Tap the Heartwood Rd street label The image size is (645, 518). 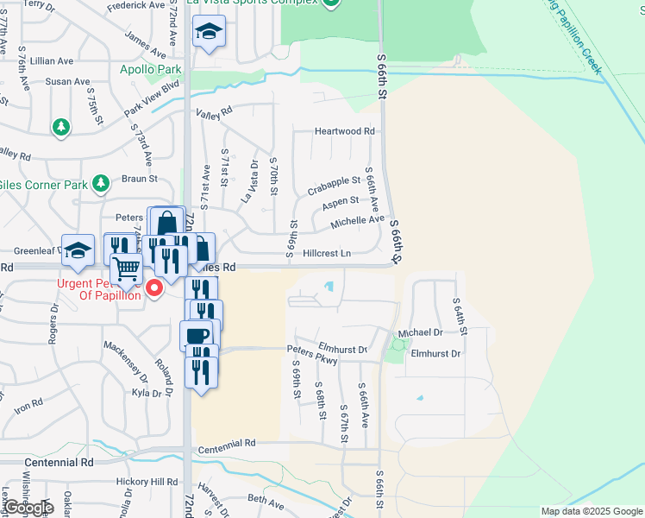point(345,131)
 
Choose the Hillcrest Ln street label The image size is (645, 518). point(327,254)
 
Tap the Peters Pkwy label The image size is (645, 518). point(311,350)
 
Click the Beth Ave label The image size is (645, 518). point(266,500)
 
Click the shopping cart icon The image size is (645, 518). point(126,268)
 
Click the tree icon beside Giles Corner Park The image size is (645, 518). point(101,183)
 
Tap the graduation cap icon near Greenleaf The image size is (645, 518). point(78,250)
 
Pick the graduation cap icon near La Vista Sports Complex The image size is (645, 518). point(207,33)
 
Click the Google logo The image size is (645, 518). point(27,508)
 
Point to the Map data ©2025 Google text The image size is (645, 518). point(592,511)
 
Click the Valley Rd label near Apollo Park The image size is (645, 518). point(215,112)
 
